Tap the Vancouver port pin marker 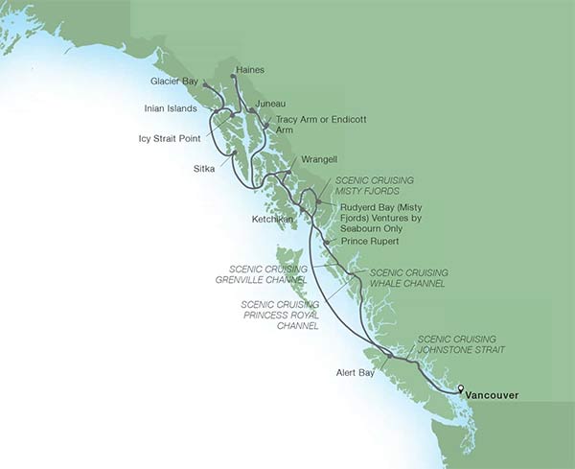pyautogui.click(x=461, y=388)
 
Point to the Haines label pyautogui.click(x=249, y=71)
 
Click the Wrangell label pyautogui.click(x=319, y=158)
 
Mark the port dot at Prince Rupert pyautogui.click(x=328, y=243)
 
